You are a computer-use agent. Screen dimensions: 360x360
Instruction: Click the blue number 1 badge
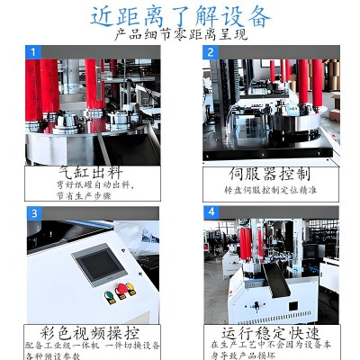pos(35,52)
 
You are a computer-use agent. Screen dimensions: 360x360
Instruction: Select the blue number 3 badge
pos(35,213)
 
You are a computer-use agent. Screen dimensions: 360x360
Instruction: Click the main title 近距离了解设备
pos(180,15)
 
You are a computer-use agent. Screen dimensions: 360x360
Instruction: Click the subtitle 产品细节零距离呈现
pos(180,36)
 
